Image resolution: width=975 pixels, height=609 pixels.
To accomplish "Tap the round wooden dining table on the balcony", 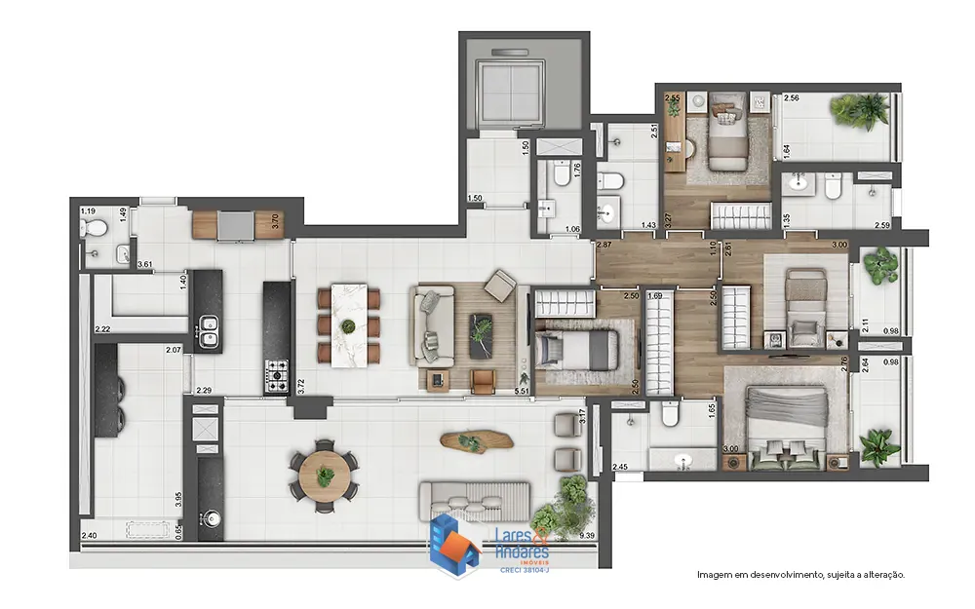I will [324, 475].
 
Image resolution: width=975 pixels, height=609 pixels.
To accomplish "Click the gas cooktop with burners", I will [276, 370].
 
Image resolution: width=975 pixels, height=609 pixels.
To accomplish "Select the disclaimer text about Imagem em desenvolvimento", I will [800, 575].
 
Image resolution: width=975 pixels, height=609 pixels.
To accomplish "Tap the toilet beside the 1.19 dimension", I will [95, 228].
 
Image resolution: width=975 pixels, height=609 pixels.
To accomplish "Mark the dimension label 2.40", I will [89, 536].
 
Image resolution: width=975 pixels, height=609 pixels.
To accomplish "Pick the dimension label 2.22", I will [102, 330].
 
